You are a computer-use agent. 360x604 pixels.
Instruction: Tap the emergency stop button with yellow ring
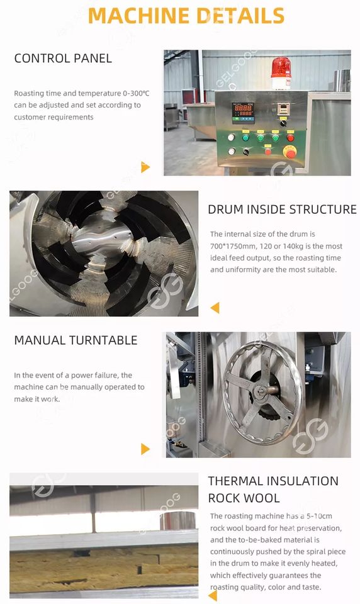pyautogui.click(x=290, y=152)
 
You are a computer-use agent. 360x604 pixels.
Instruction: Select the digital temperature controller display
pyautogui.click(x=243, y=113)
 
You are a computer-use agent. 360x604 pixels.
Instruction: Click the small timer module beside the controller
pyautogui.click(x=283, y=109)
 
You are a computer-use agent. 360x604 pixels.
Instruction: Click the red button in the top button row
pyautogui.click(x=290, y=138)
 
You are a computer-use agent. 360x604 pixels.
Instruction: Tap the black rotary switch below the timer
pyautogui.click(x=283, y=123)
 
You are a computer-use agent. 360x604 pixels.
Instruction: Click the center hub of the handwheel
pyautogui.click(x=262, y=390)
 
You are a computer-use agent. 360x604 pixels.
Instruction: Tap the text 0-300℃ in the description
pyautogui.click(x=136, y=93)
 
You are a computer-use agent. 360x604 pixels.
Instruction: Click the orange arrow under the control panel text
pyautogui.click(x=145, y=167)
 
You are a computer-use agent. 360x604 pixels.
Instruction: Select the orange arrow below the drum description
pyautogui.click(x=215, y=308)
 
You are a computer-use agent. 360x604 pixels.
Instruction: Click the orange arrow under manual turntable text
pyautogui.click(x=145, y=449)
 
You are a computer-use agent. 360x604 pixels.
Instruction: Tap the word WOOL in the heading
pyautogui.click(x=262, y=498)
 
